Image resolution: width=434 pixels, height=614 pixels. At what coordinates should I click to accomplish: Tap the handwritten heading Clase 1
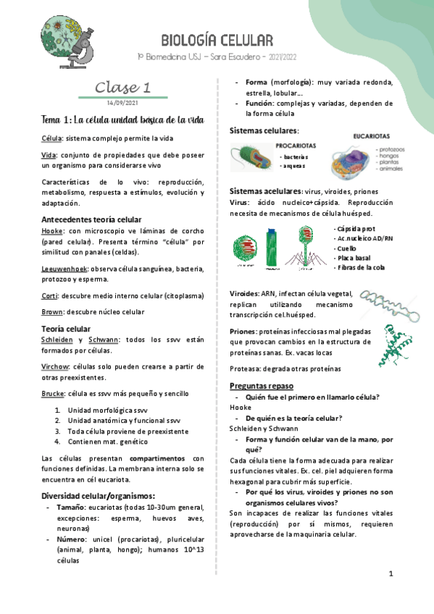(122, 88)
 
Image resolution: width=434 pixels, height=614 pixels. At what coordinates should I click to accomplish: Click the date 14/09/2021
(122, 102)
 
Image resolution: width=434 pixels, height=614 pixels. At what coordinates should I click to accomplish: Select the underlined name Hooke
(54, 230)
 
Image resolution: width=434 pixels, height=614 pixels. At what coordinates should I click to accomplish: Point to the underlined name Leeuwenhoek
(64, 268)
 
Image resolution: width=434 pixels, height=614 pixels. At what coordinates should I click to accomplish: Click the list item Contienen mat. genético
(108, 441)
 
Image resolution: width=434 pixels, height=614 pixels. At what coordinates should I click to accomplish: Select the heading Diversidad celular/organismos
(99, 495)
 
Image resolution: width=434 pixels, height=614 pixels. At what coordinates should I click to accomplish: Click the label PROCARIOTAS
(295, 145)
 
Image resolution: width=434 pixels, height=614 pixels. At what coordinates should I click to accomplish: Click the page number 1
(391, 574)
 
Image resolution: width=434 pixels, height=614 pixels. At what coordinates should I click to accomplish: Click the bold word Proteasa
(245, 369)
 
